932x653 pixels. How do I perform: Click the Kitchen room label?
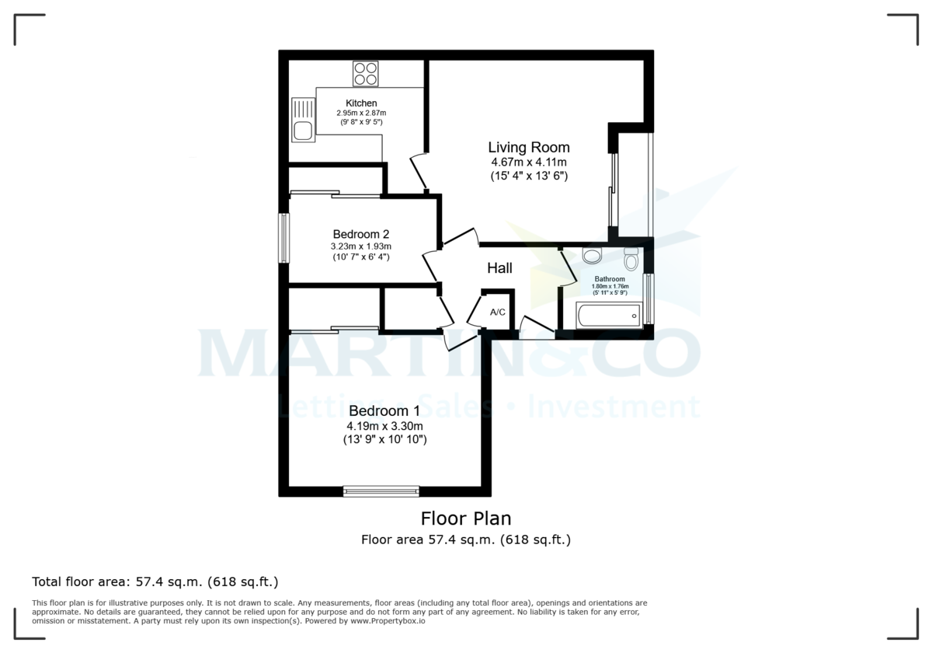(361, 103)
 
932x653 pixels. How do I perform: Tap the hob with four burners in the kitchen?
(365, 73)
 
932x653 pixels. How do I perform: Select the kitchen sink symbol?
(302, 121)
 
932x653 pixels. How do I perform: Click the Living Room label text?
(528, 147)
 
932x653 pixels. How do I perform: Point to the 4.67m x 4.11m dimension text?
(529, 162)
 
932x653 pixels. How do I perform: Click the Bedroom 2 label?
(360, 234)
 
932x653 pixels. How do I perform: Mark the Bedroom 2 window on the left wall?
(284, 238)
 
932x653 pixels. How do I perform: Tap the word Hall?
(499, 268)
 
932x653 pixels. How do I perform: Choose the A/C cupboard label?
(498, 313)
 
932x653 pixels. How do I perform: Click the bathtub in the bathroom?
(608, 316)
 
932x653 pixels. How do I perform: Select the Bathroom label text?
(610, 279)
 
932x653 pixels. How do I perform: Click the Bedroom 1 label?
(384, 410)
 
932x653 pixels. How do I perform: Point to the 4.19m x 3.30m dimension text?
(384, 426)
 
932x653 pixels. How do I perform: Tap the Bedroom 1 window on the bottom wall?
(381, 491)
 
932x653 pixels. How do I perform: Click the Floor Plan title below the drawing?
(466, 519)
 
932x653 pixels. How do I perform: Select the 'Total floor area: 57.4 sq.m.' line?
(155, 581)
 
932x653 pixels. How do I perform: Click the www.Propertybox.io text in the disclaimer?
(387, 621)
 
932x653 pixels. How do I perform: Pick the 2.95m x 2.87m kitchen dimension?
(361, 113)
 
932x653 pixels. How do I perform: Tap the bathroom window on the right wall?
(649, 298)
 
